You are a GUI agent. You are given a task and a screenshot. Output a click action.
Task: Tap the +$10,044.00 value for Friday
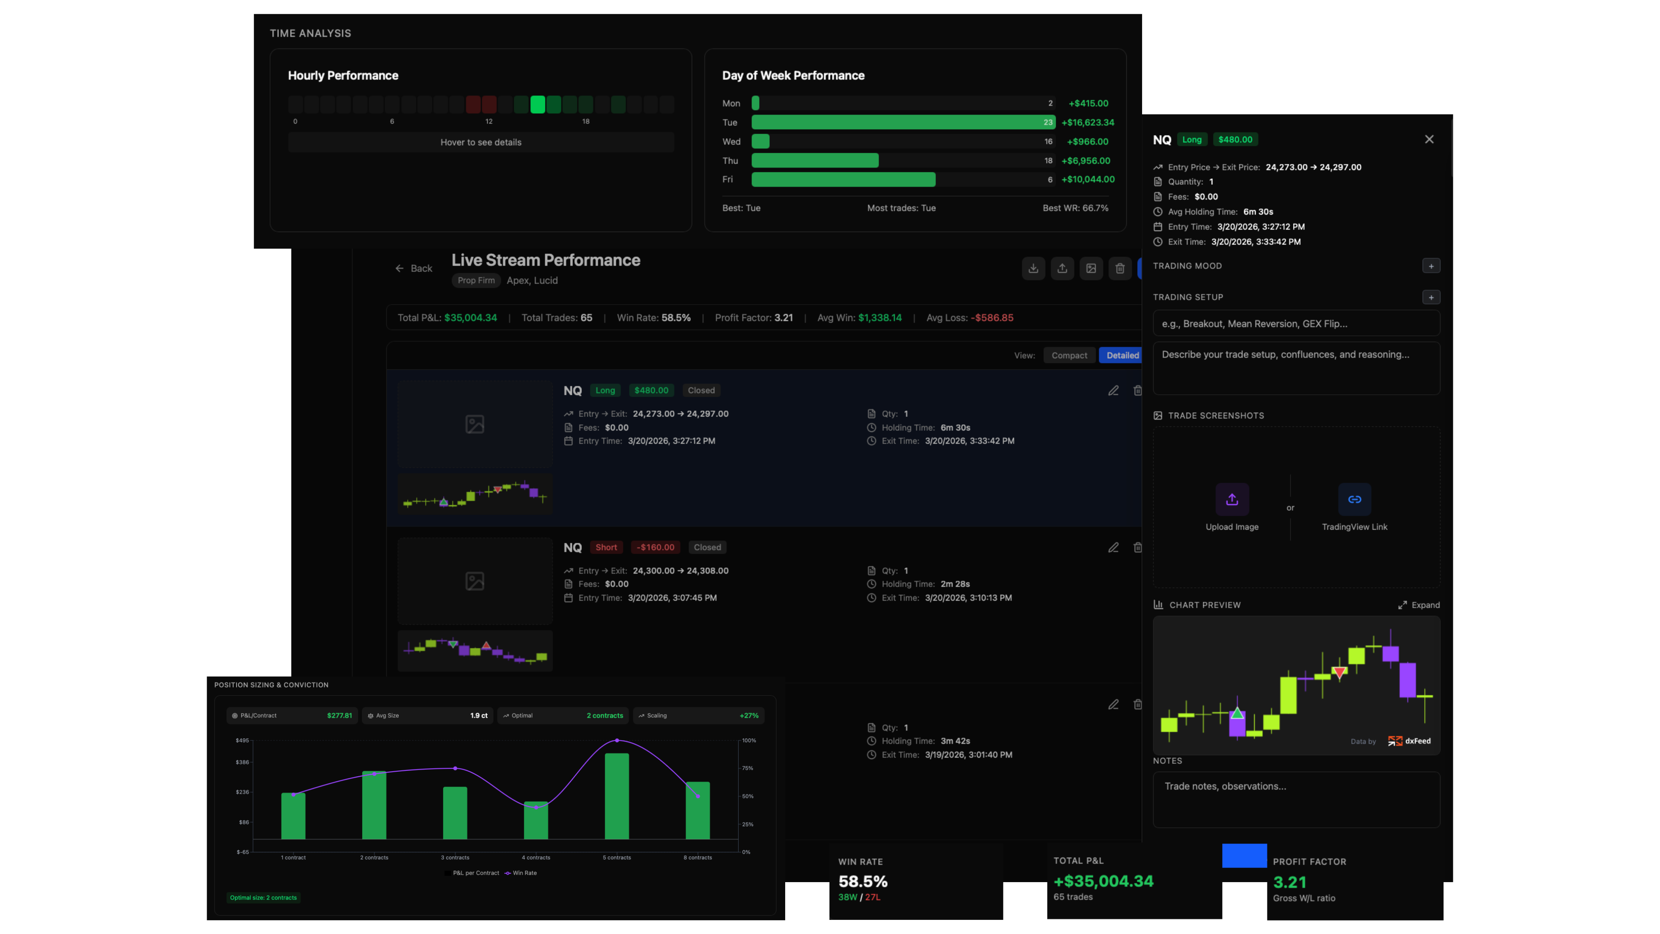pyautogui.click(x=1088, y=179)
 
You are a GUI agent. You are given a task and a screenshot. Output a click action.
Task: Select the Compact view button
pyautogui.click(x=1069, y=355)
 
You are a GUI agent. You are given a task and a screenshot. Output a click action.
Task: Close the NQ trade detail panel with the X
pyautogui.click(x=1429, y=139)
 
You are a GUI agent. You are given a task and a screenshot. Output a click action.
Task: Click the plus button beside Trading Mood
pyautogui.click(x=1431, y=266)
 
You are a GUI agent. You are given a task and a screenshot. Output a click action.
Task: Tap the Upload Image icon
pyautogui.click(x=1231, y=499)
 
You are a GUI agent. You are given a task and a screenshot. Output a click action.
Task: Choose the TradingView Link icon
pyautogui.click(x=1354, y=499)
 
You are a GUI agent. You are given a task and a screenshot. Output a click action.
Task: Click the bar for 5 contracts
pyautogui.click(x=617, y=796)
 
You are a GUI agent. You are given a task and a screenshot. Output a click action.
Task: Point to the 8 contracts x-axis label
pyautogui.click(x=697, y=857)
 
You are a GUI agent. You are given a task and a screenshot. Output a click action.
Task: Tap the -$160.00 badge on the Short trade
pyautogui.click(x=655, y=547)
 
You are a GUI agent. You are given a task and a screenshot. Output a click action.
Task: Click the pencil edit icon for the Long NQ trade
pyautogui.click(x=1113, y=391)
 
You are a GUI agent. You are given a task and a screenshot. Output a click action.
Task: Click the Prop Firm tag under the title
pyautogui.click(x=476, y=280)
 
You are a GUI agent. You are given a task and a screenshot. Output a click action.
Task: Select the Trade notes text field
pyautogui.click(x=1296, y=799)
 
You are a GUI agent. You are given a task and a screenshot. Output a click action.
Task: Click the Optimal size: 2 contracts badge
pyautogui.click(x=264, y=897)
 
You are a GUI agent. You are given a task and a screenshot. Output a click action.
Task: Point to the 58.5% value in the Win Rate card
pyautogui.click(x=863, y=881)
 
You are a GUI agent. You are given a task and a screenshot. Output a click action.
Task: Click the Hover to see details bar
pyautogui.click(x=481, y=142)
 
